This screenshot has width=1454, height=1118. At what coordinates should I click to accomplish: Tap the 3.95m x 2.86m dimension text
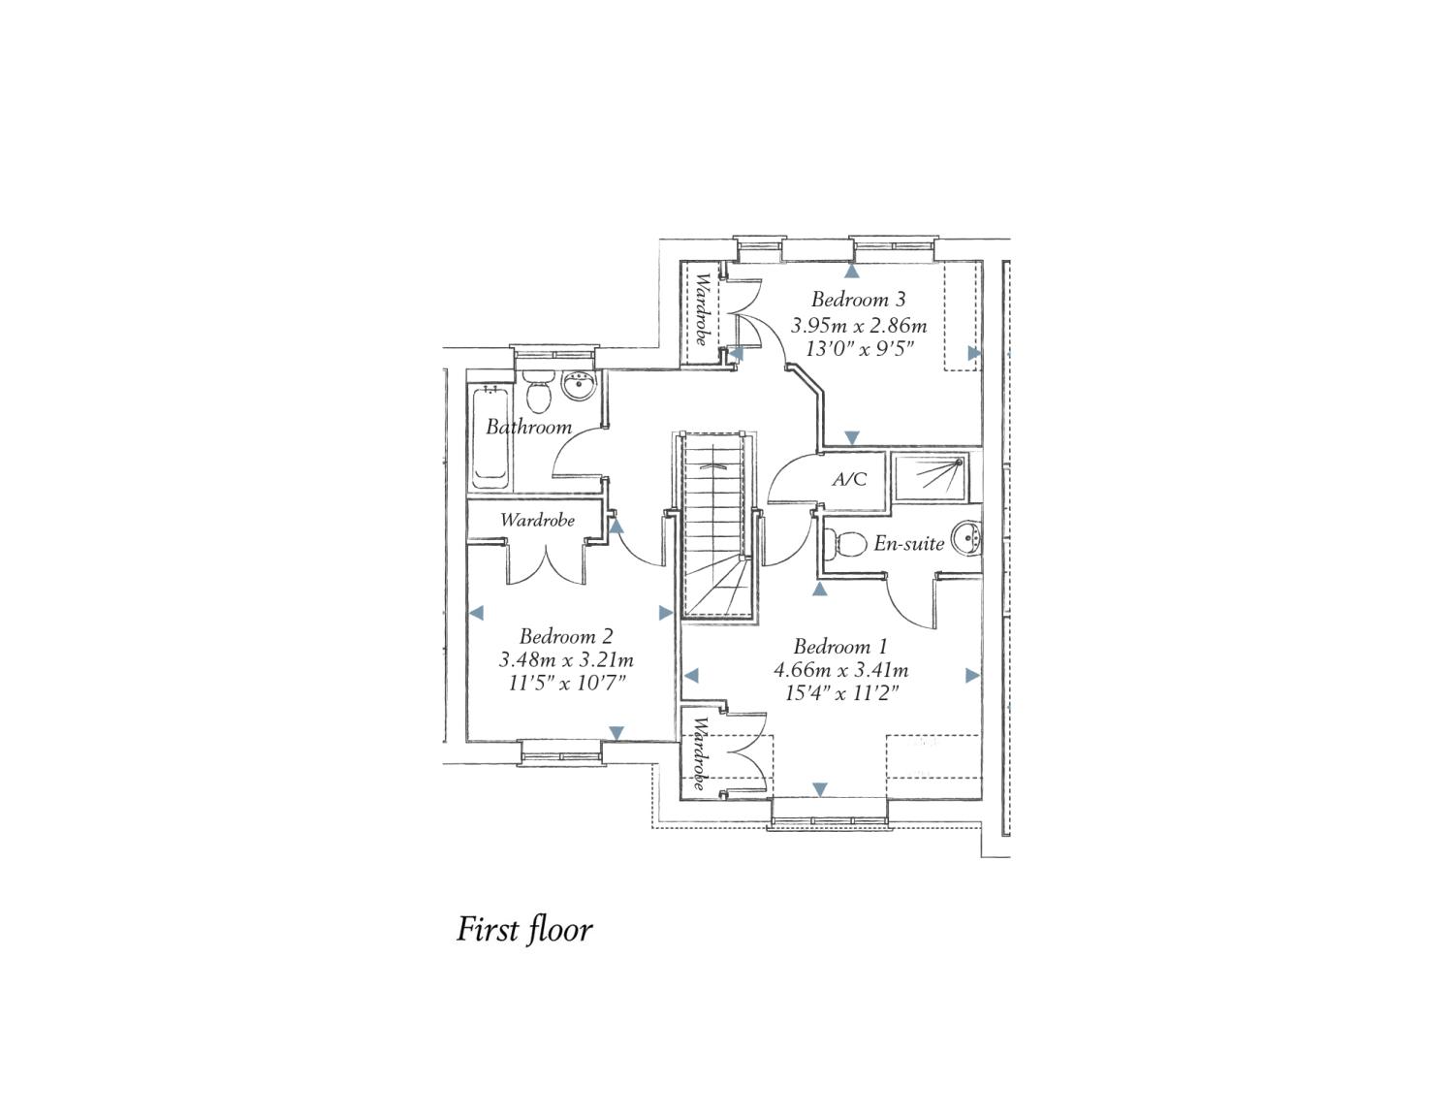859,326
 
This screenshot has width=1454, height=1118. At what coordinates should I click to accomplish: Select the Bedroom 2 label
566,636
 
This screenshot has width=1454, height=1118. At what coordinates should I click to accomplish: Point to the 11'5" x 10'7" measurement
566,683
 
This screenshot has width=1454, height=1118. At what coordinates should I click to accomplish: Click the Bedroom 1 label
840,647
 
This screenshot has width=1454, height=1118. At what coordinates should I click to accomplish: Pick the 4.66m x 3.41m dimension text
840,670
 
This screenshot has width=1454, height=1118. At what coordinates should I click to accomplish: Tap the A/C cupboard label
849,478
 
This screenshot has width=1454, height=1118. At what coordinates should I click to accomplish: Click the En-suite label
908,543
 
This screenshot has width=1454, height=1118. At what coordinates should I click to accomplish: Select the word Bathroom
528,427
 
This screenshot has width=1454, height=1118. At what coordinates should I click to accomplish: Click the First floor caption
523,929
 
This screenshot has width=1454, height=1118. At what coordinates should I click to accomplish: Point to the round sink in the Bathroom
578,386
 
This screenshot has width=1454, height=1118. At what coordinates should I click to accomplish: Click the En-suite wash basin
966,537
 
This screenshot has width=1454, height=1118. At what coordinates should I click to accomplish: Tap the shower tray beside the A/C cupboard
931,477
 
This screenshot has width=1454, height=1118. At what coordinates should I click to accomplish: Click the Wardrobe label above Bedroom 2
537,520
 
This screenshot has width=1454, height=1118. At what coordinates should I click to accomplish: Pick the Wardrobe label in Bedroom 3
702,308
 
